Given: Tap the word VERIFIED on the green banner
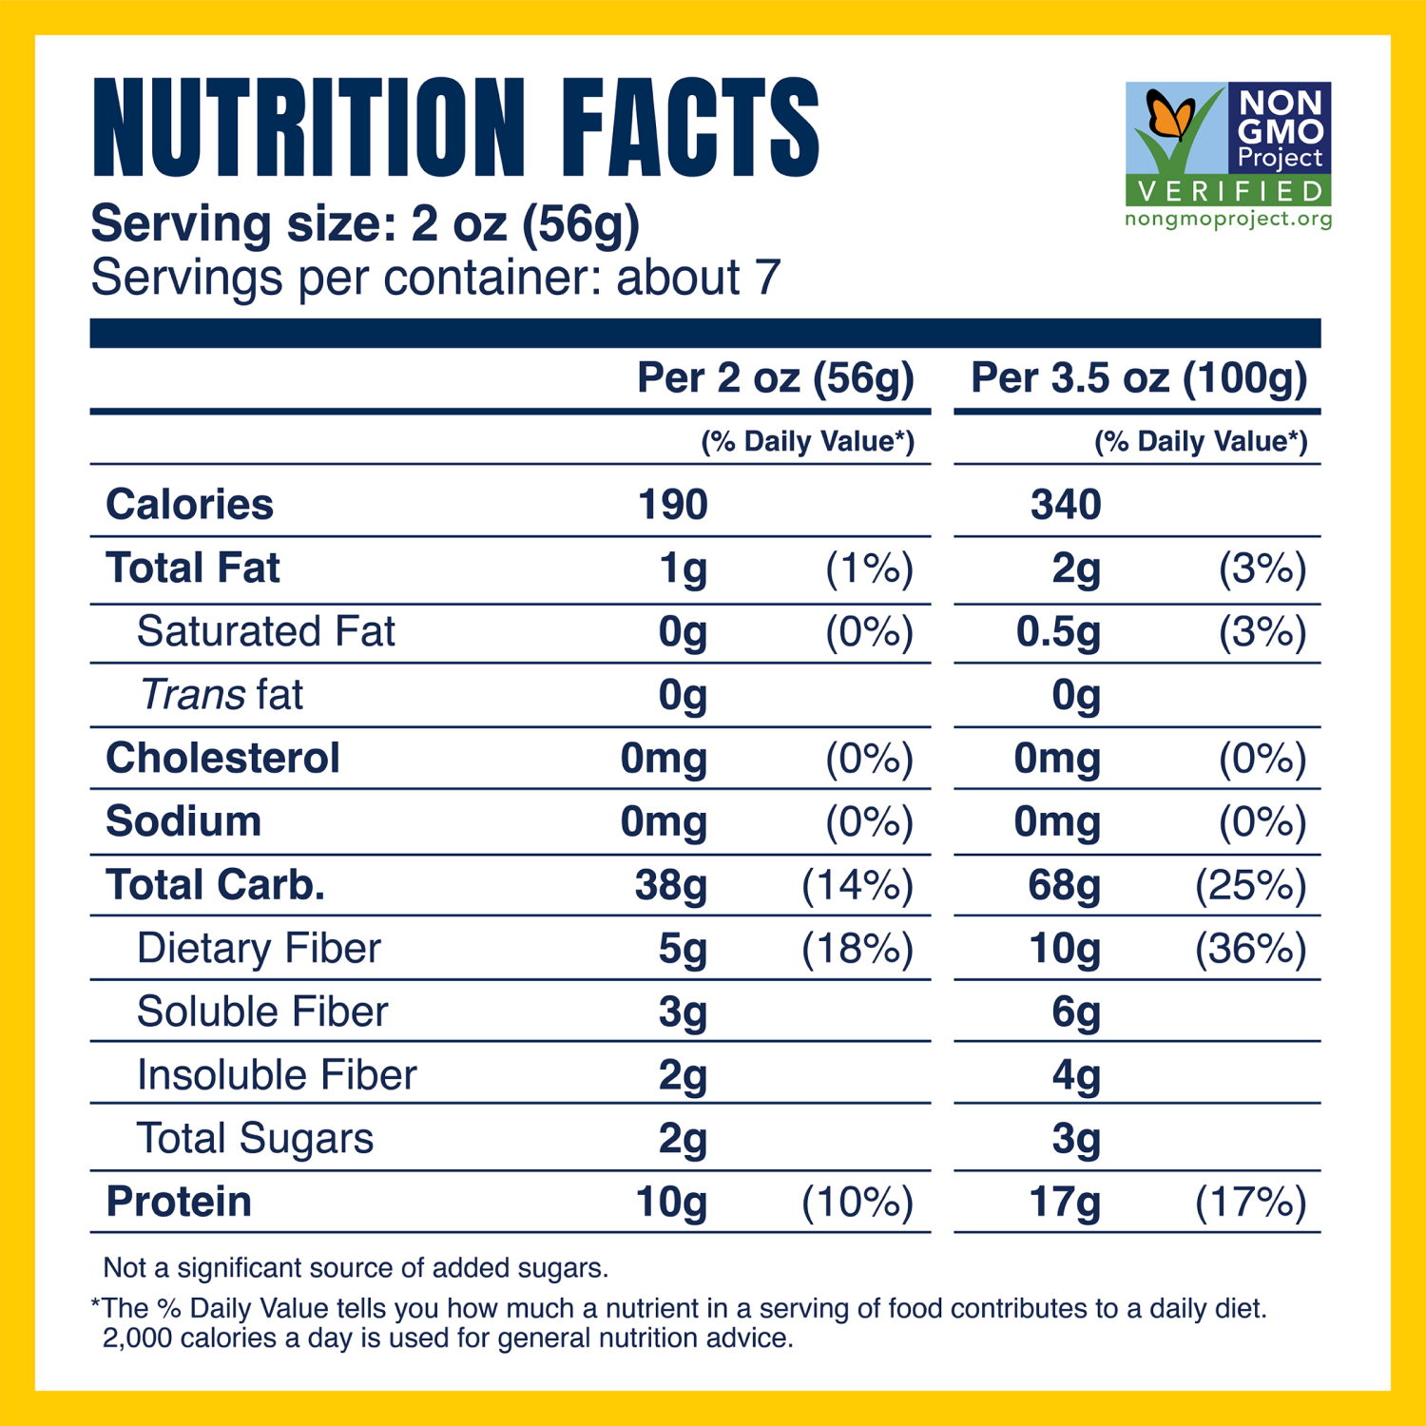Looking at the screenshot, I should point(1229,192).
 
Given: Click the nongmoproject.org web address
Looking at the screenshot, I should point(1228,220).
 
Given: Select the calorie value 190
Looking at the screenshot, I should point(672,505).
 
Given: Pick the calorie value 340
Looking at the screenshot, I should point(1066,505).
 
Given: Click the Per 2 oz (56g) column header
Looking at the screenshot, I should point(775,378).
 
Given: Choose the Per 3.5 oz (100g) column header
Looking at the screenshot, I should point(1138,378).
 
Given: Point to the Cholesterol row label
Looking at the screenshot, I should point(222,759).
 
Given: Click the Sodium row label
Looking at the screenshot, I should point(183,822).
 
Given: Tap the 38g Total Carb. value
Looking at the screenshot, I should point(671,886).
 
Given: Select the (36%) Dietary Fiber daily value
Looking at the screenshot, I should point(1251,949).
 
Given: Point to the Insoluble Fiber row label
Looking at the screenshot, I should point(277,1075).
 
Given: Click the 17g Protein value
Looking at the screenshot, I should point(1065,1203).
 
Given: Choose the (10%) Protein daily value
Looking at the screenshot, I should point(858,1203).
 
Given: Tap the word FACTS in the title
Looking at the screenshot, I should point(689,127).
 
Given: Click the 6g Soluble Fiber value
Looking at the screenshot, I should point(1075,1012).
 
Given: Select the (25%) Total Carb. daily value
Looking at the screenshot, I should point(1251,886).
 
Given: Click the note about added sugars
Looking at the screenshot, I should point(356,1268).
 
